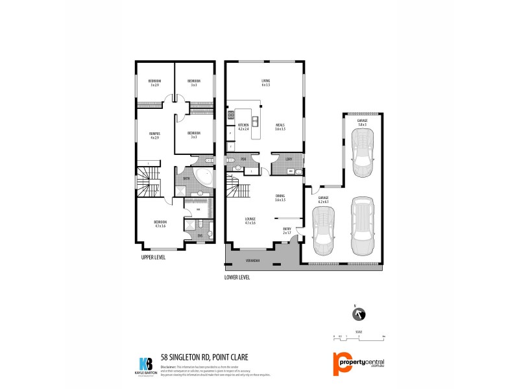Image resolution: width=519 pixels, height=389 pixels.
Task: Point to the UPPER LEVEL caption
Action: [x=153, y=257]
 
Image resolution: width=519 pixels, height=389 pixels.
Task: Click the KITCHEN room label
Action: [x=243, y=126]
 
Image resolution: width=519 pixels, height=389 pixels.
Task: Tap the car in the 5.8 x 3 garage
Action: [x=362, y=153]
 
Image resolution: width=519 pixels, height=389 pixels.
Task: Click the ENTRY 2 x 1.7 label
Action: [x=287, y=231]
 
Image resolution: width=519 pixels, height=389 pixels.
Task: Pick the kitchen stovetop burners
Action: [x=230, y=117]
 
